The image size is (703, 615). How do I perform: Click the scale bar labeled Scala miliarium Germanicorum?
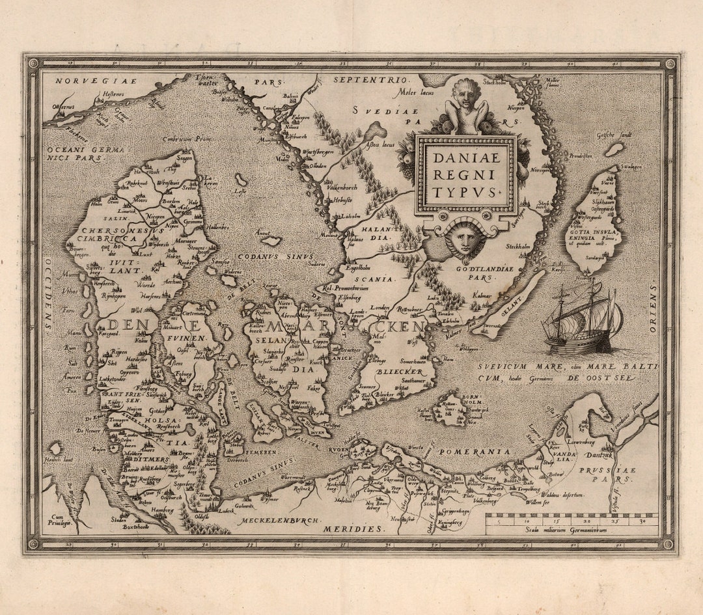pyautogui.click(x=572, y=523)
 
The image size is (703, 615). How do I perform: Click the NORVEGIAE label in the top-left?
pyautogui.click(x=87, y=81)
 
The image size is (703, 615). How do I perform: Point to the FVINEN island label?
pyautogui.click(x=188, y=339)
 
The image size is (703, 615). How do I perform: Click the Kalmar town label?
pyautogui.click(x=482, y=294)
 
